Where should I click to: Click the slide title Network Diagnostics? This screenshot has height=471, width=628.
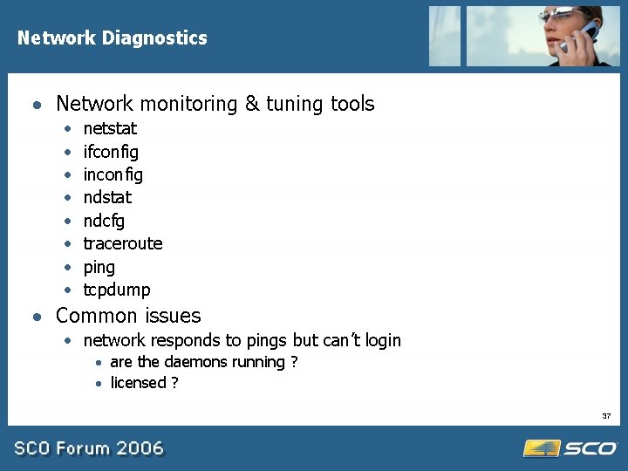click(x=112, y=38)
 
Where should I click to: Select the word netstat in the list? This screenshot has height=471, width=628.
click(x=110, y=128)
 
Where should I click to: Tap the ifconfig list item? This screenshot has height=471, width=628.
click(x=111, y=152)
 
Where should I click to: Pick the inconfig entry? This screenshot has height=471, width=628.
click(x=113, y=174)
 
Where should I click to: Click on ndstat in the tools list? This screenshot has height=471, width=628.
click(x=107, y=197)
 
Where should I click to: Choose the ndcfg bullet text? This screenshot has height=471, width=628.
click(x=104, y=221)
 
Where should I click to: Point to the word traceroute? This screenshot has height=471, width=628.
click(x=123, y=243)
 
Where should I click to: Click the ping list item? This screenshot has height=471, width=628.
click(x=99, y=267)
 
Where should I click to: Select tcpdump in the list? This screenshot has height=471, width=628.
click(x=117, y=290)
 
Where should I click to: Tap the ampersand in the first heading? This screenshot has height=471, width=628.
click(x=251, y=104)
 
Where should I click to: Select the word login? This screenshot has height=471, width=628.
click(x=381, y=340)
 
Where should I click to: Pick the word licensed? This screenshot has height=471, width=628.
click(x=138, y=382)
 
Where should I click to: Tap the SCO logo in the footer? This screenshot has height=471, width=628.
click(x=570, y=448)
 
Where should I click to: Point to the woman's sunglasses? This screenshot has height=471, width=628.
click(x=558, y=14)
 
